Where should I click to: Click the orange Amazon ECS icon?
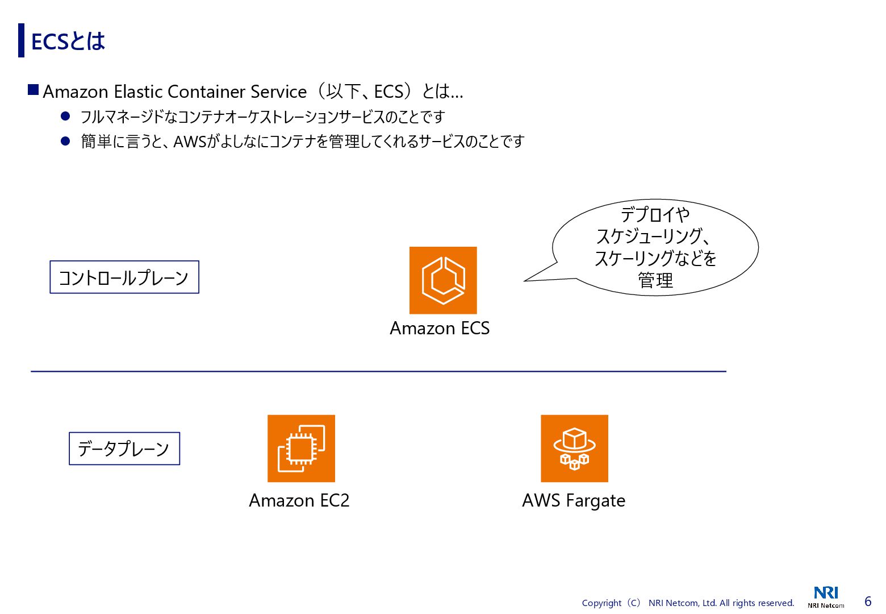(x=443, y=280)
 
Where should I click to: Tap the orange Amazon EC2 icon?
(x=301, y=449)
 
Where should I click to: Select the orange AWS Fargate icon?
(x=574, y=449)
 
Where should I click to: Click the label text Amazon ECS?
(x=440, y=329)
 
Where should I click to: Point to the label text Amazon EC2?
(x=299, y=500)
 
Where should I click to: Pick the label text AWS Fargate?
(x=574, y=500)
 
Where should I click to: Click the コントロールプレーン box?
(x=124, y=277)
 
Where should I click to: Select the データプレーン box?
(x=124, y=449)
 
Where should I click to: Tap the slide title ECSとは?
(x=68, y=42)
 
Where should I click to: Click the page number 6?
(x=868, y=601)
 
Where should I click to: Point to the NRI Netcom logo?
(x=826, y=596)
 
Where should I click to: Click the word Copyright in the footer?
(x=601, y=603)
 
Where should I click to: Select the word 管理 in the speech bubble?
(x=655, y=280)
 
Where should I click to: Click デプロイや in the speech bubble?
(x=655, y=214)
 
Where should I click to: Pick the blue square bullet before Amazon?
(x=34, y=90)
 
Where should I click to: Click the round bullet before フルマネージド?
(x=65, y=117)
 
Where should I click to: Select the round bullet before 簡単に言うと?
(x=65, y=141)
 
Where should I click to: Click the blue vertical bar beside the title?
(x=22, y=40)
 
